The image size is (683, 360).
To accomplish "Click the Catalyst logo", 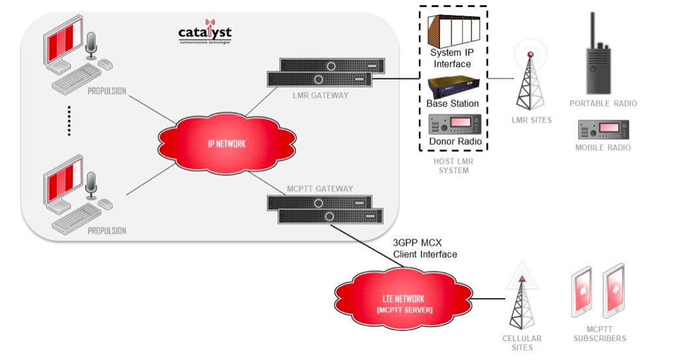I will click(x=205, y=33).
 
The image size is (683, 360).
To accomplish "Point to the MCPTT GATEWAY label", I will click(x=320, y=189).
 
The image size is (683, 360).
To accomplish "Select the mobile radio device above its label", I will click(x=603, y=129).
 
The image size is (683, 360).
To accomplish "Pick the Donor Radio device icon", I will click(x=455, y=124).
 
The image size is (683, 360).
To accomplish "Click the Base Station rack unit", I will click(x=454, y=87).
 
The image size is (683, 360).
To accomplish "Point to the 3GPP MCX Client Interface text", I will click(x=426, y=248).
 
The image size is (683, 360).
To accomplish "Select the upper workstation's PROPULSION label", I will click(x=107, y=91).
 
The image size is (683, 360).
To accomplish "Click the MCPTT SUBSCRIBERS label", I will click(x=600, y=334).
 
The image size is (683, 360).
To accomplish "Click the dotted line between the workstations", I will click(x=68, y=122).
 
